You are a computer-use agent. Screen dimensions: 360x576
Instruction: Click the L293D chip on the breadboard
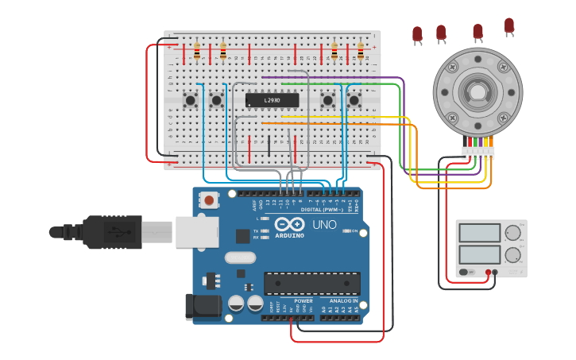[273, 100]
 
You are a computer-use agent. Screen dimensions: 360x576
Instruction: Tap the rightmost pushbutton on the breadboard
[354, 100]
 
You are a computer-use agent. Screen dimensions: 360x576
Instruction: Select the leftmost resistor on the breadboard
[197, 52]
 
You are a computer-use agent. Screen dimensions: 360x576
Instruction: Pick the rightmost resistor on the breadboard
[361, 52]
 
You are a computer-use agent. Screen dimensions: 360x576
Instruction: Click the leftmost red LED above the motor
[417, 33]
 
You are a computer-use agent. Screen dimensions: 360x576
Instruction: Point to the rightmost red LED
[509, 25]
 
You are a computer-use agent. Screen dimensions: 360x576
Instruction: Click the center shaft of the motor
[477, 92]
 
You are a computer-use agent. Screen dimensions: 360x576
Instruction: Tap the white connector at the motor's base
[478, 152]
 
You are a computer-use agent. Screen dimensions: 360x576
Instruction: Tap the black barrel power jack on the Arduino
[199, 307]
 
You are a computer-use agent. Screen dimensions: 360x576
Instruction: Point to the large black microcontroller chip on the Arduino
[311, 284]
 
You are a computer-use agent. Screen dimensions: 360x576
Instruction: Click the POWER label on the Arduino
[303, 301]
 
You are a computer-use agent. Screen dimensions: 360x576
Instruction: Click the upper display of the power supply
[480, 233]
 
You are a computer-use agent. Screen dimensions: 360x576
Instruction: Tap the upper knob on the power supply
[513, 234]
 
